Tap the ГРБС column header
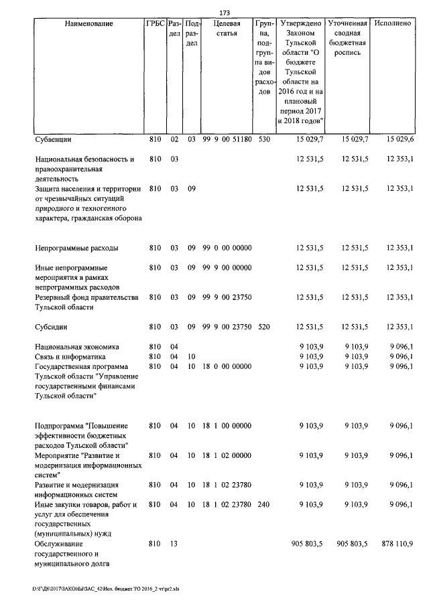[x=155, y=23]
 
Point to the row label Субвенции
[x=54, y=140]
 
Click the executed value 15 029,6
[x=400, y=140]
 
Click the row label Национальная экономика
[x=77, y=348]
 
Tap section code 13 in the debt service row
[x=173, y=544]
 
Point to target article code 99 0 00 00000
[x=227, y=248]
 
